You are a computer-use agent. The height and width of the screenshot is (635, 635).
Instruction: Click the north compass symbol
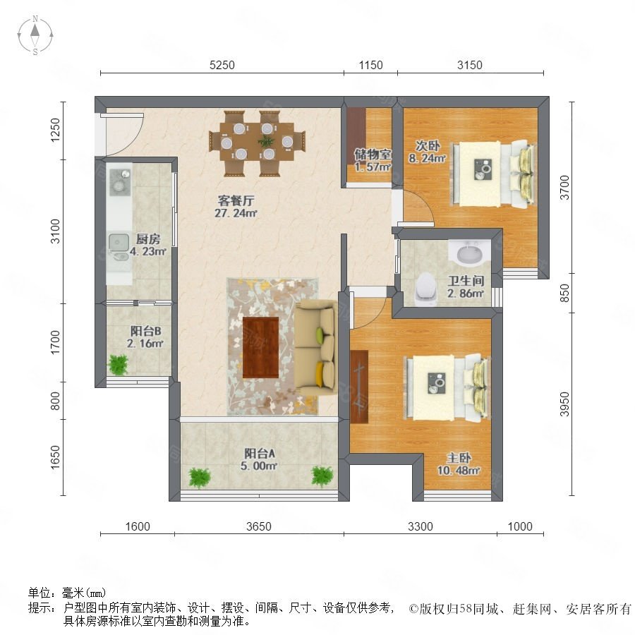(35, 35)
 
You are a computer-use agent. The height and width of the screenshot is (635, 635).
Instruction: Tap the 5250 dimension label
(222, 65)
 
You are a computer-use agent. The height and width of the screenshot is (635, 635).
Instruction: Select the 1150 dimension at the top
(370, 65)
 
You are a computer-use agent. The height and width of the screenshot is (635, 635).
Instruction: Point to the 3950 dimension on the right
(564, 404)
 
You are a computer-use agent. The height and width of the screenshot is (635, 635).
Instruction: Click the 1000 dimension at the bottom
(520, 526)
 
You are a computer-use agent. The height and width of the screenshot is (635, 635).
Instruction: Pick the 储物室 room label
(373, 154)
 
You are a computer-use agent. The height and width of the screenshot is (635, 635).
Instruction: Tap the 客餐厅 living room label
(236, 200)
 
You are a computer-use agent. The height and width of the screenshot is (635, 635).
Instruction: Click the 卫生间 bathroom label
(466, 281)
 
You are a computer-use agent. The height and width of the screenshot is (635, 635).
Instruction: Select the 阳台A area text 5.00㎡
(259, 466)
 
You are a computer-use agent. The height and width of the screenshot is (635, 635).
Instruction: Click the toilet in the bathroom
(425, 289)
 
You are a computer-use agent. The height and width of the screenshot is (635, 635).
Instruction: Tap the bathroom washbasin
(470, 253)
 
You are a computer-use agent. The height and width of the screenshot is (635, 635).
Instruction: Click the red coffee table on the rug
(260, 347)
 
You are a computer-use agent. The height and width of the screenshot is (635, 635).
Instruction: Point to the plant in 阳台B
(119, 365)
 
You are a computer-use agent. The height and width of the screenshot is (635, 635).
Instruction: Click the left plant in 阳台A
(199, 478)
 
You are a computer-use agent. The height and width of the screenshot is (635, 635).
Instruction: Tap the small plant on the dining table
(266, 141)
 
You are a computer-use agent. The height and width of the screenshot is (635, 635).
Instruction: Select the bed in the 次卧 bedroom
(495, 174)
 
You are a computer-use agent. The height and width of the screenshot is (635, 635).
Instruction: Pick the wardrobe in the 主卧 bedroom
(359, 387)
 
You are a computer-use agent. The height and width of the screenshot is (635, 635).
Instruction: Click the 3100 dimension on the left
(55, 231)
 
